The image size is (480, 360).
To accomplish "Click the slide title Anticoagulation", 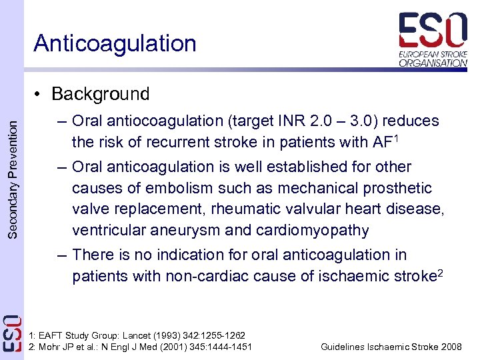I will (115, 43).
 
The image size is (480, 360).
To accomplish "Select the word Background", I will (100, 94).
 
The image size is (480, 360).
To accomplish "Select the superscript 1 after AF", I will (396, 137).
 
